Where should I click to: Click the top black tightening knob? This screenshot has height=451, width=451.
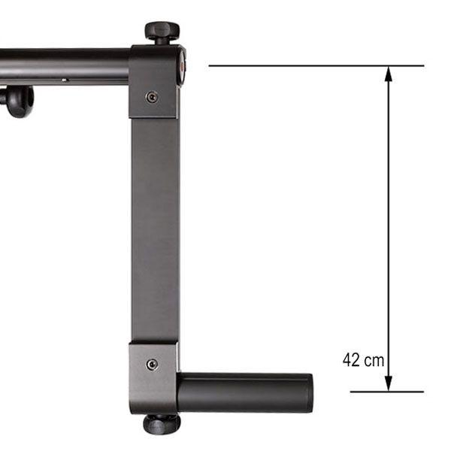tap(162, 31)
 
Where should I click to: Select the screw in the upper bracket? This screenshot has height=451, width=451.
tap(152, 97)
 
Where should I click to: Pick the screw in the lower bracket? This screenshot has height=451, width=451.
tap(152, 365)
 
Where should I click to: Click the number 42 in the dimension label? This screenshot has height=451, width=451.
tap(351, 359)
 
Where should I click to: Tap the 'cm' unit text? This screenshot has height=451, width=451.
tap(374, 361)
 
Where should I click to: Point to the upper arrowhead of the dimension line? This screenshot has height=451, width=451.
tap(389, 74)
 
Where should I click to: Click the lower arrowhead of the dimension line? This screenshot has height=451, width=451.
tap(389, 383)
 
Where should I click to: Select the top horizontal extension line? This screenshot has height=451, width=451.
tap(316, 66)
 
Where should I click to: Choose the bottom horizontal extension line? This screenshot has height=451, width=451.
tap(387, 392)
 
